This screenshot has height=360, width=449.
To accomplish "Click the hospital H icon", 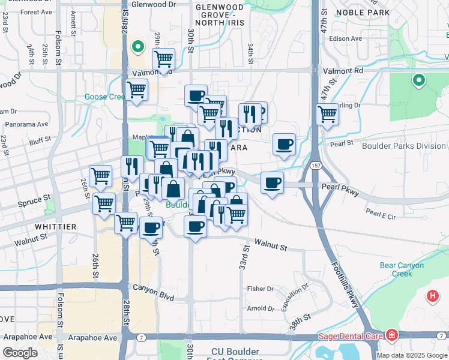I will point(432,296).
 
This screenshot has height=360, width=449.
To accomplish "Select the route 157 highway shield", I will point(315,164).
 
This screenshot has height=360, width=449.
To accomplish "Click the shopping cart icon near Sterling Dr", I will point(327,113).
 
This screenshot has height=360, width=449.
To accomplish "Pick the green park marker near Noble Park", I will point(418,79).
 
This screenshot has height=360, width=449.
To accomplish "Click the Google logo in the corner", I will point(20,353).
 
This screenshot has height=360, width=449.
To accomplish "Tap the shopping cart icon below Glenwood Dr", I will point(163,59).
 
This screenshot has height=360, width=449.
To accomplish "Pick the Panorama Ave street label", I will point(26,125).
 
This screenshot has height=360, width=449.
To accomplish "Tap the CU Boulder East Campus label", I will point(235,355).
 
